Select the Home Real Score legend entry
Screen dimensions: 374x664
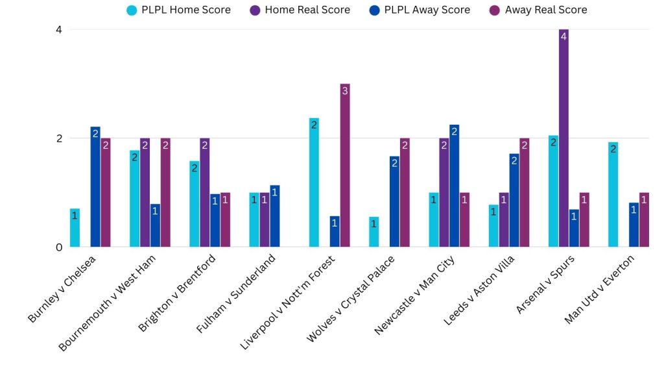pyautogui.click(x=300, y=10)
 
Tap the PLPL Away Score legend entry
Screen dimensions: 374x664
pyautogui.click(x=419, y=10)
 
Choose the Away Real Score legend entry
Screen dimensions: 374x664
pyautogui.click(x=538, y=10)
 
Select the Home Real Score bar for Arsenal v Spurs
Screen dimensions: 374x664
pyautogui.click(x=563, y=138)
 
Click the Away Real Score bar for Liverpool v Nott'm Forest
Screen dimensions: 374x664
pyautogui.click(x=345, y=166)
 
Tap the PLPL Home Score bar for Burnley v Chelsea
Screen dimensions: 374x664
pyautogui.click(x=75, y=228)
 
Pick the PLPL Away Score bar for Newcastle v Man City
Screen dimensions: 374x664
pyautogui.click(x=454, y=186)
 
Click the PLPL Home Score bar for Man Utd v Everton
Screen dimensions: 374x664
pyautogui.click(x=613, y=195)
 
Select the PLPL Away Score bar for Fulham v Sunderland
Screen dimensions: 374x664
pyautogui.click(x=274, y=216)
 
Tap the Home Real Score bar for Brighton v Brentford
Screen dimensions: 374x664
pyautogui.click(x=204, y=193)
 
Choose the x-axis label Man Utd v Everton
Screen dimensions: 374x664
pyautogui.click(x=599, y=288)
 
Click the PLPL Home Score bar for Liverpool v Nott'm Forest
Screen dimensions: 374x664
pyautogui.click(x=314, y=182)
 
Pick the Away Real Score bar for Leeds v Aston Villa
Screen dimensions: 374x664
pyautogui.click(x=524, y=193)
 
